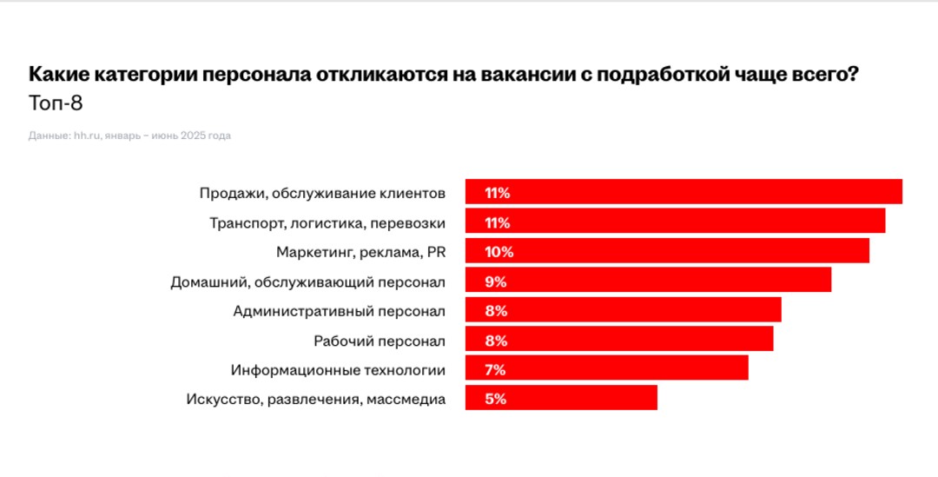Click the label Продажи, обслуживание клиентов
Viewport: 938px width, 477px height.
coord(322,193)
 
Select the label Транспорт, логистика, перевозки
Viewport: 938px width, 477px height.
coord(327,222)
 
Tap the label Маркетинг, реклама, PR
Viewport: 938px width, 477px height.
coord(360,252)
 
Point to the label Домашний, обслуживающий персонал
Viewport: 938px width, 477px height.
coord(307,282)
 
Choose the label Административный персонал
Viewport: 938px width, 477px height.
coord(340,311)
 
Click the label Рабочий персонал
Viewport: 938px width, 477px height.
coord(380,341)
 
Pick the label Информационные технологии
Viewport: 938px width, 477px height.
coord(338,370)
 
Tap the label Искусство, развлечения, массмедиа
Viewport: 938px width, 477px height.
coord(316,400)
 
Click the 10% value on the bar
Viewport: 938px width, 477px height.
coord(499,252)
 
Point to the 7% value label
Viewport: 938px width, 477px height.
coord(495,370)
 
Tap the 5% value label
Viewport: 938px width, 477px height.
coord(495,400)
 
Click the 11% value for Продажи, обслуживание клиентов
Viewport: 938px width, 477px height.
coord(498,193)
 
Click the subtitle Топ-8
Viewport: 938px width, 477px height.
coord(56,103)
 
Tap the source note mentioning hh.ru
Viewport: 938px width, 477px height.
coord(129,136)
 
